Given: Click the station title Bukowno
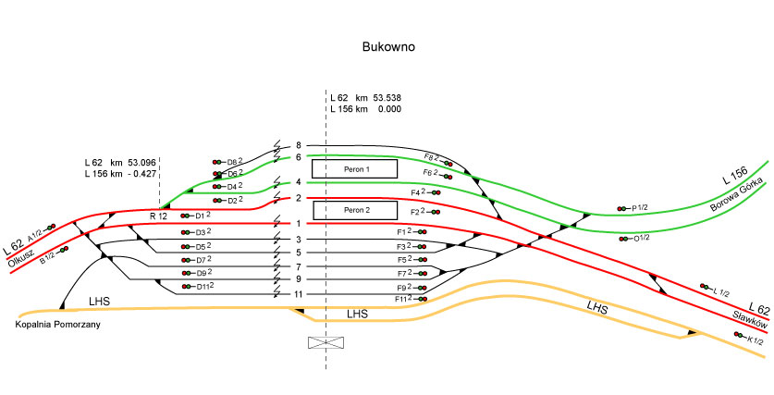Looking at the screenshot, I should (x=387, y=46).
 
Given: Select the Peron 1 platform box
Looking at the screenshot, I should (x=354, y=169).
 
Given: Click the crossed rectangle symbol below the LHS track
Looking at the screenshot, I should (x=325, y=343).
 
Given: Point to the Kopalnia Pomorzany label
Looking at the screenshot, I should (x=56, y=325).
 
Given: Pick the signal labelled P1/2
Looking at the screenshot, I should (x=625, y=209).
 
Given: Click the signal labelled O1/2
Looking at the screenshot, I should (x=626, y=238).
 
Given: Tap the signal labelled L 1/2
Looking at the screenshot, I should (x=706, y=287).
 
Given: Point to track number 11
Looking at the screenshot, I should (x=298, y=294).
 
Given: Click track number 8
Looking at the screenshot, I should (x=299, y=145).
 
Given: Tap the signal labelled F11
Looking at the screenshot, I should (x=421, y=299).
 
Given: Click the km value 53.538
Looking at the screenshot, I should (x=387, y=97).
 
